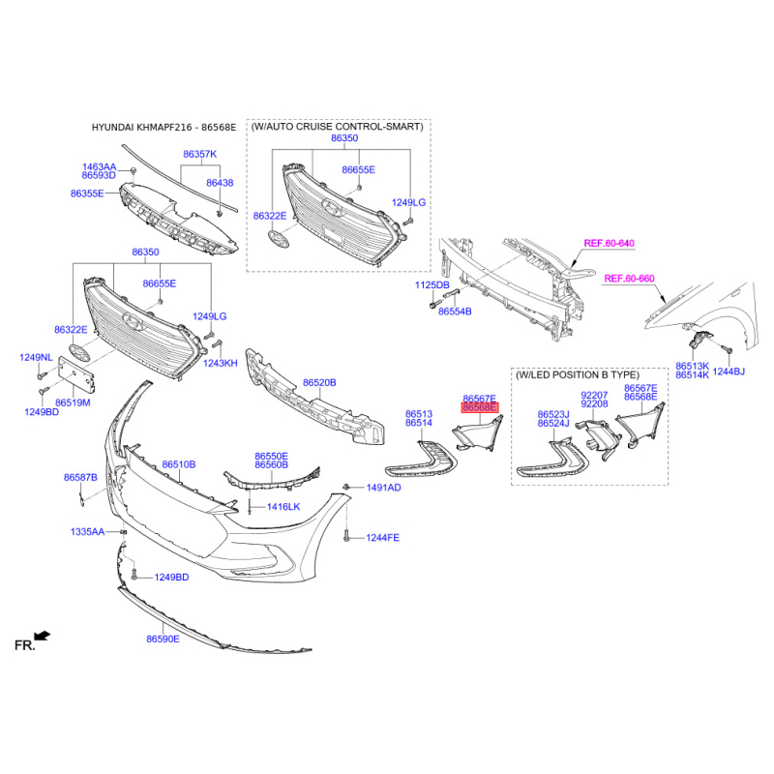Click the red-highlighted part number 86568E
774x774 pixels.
coord(480,407)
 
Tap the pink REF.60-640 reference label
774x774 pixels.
coord(609,243)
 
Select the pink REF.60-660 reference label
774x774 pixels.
coord(630,279)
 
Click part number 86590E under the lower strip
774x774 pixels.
coord(163,639)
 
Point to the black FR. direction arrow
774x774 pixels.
coord(43,636)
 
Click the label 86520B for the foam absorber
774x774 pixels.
coord(319,382)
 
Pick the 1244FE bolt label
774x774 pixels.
coord(382,538)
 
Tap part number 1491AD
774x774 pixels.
coord(383,488)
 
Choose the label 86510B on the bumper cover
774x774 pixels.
coord(179,464)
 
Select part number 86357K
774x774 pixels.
coord(200,154)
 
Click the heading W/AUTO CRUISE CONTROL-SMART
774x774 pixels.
coord(338,127)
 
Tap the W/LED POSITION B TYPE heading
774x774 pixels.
coord(578,374)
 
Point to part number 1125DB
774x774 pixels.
coord(432,284)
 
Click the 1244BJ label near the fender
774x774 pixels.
coord(729,372)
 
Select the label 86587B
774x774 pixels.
coord(80,477)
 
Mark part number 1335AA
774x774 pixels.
coord(87,531)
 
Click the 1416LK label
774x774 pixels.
coord(283,506)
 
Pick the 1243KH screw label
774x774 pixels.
coord(221,364)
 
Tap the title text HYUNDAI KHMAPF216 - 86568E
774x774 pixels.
coord(164,128)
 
